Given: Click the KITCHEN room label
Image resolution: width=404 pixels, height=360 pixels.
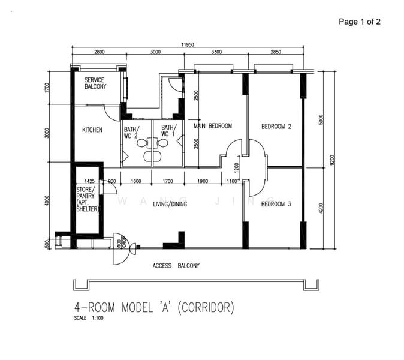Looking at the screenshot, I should click(92, 130).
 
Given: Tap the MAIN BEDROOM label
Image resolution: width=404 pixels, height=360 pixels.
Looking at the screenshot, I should click(212, 125).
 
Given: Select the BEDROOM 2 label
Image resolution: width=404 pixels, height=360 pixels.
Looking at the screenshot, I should click(276, 127).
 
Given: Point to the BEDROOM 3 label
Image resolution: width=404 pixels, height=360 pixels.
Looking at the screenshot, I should click(276, 205).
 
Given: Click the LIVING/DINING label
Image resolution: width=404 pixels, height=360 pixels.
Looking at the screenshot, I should click(170, 205).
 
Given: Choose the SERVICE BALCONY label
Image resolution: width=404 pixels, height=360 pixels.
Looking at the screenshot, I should click(95, 83).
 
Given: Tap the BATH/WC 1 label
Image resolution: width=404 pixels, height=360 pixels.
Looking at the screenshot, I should click(168, 131).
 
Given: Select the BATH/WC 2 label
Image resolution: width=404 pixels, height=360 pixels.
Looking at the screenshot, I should click(131, 131).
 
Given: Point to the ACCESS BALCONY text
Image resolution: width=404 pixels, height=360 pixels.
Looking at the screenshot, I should click(176, 265).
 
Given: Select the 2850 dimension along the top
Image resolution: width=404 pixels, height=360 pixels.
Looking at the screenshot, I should click(275, 52).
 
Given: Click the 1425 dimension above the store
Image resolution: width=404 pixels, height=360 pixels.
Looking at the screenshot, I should click(90, 181).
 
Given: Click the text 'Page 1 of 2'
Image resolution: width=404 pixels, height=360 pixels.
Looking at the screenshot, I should click(360, 22).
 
